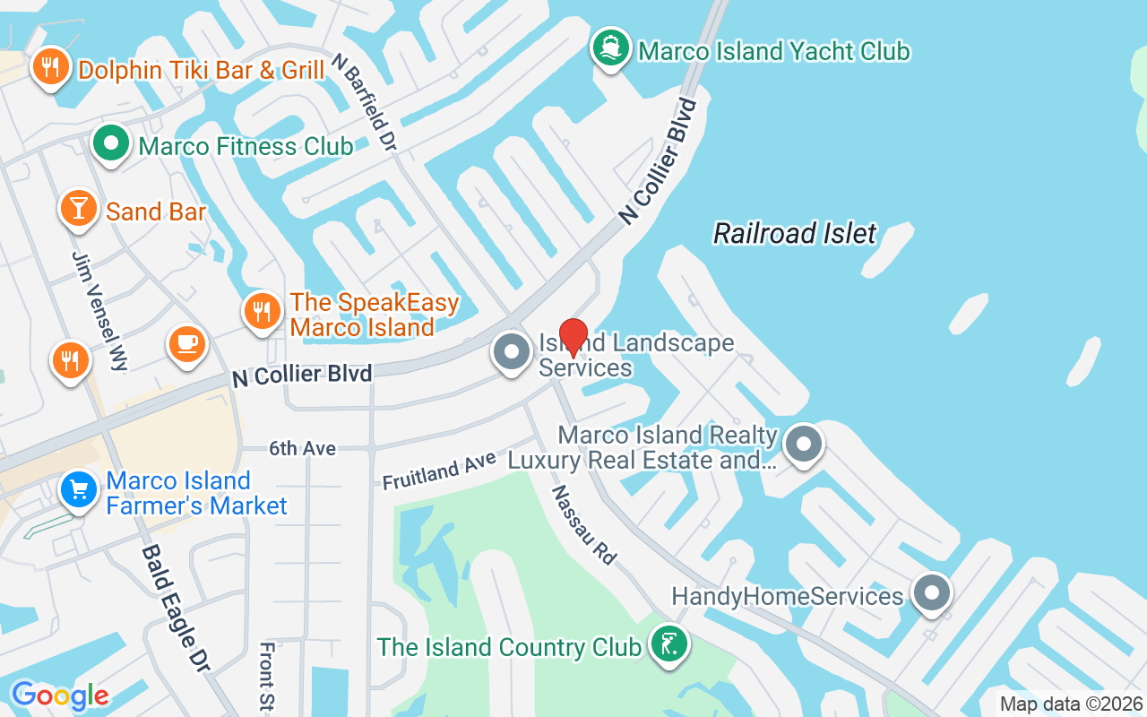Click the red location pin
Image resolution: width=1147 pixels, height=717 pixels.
(573, 337)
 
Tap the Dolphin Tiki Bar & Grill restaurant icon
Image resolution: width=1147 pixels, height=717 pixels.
(50, 66)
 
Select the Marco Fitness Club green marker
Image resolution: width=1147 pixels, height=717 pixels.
(111, 143)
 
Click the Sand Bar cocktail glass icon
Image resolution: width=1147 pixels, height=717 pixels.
(79, 209)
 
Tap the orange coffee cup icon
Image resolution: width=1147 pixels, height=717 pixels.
(187, 343)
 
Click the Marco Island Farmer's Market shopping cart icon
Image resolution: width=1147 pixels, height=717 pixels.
(79, 490)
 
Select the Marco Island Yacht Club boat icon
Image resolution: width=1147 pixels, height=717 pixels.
(611, 48)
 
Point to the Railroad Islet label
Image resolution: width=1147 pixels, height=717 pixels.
(795, 234)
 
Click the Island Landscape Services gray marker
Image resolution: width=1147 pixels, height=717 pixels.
(513, 352)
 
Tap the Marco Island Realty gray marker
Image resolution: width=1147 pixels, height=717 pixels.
(803, 444)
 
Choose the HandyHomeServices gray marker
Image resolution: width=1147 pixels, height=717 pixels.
(931, 593)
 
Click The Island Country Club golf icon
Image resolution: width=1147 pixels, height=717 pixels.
(668, 644)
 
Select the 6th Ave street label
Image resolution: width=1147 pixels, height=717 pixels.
(303, 448)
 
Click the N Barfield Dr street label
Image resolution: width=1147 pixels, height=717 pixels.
(363, 100)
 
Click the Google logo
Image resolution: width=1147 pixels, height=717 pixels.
(60, 695)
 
